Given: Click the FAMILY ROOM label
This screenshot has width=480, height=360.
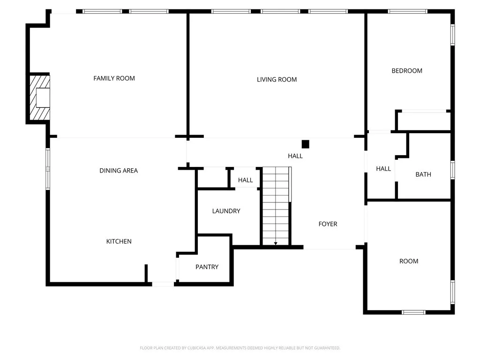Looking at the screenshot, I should click(x=114, y=78).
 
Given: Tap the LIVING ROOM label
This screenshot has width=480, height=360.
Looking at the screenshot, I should click(x=277, y=80).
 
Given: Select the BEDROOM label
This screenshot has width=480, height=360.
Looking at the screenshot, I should click(x=407, y=71).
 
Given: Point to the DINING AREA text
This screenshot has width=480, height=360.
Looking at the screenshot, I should click(x=119, y=171).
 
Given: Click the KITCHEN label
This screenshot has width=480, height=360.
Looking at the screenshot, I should click(x=119, y=241).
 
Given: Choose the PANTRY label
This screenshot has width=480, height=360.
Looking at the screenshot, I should click(x=207, y=267).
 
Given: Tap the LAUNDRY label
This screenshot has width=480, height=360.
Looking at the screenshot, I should click(x=226, y=211).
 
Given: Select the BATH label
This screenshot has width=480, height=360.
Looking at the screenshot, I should click(x=423, y=174).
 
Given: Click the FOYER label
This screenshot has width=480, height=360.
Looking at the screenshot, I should click(x=328, y=224).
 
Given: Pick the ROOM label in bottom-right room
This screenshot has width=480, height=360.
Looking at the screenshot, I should click(x=409, y=261).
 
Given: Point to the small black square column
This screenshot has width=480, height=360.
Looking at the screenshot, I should click(x=306, y=144).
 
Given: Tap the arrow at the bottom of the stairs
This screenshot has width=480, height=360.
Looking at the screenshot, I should click(x=276, y=243).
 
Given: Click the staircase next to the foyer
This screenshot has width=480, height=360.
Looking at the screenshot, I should click(x=276, y=206).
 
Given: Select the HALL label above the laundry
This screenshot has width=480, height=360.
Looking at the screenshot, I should click(x=245, y=180).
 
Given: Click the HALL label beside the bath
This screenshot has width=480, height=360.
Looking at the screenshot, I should click(x=383, y=169).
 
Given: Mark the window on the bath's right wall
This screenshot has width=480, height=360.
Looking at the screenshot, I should click(x=453, y=170).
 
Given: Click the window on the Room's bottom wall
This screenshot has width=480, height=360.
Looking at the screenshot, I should click(x=413, y=312).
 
